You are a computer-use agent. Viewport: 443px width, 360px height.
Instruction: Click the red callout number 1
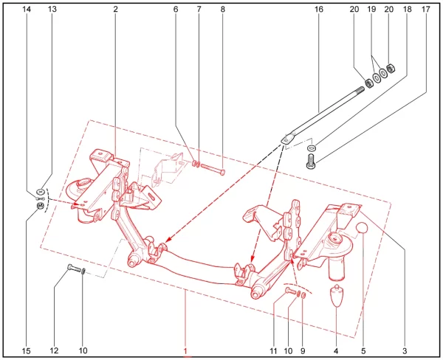[x=185, y=351]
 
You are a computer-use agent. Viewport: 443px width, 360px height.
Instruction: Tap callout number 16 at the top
[x=319, y=10]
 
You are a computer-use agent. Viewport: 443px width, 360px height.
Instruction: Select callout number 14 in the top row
[x=27, y=10]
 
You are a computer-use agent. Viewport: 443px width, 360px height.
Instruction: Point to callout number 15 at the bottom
[x=26, y=351]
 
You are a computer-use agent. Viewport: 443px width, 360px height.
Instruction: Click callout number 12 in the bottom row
[x=54, y=350]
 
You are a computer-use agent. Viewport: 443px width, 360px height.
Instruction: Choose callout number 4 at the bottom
[x=336, y=351]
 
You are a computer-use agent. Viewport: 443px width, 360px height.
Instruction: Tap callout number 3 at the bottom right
[x=405, y=351]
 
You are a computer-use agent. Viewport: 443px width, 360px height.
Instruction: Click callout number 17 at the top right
[x=425, y=10]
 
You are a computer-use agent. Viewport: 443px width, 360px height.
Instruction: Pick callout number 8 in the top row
[x=223, y=10]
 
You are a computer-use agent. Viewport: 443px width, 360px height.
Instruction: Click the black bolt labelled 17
[x=311, y=161]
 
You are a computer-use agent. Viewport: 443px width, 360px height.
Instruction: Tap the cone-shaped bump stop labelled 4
[x=336, y=296]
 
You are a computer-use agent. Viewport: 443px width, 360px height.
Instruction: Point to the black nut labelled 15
[x=40, y=206]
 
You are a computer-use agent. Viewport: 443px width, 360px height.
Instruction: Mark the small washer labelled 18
[x=312, y=148]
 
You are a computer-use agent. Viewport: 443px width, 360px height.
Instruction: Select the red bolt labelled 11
[x=291, y=290]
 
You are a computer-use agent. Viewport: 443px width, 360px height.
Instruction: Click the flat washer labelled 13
[x=41, y=193]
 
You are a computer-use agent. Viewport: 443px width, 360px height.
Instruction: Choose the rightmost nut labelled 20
[x=391, y=69]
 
